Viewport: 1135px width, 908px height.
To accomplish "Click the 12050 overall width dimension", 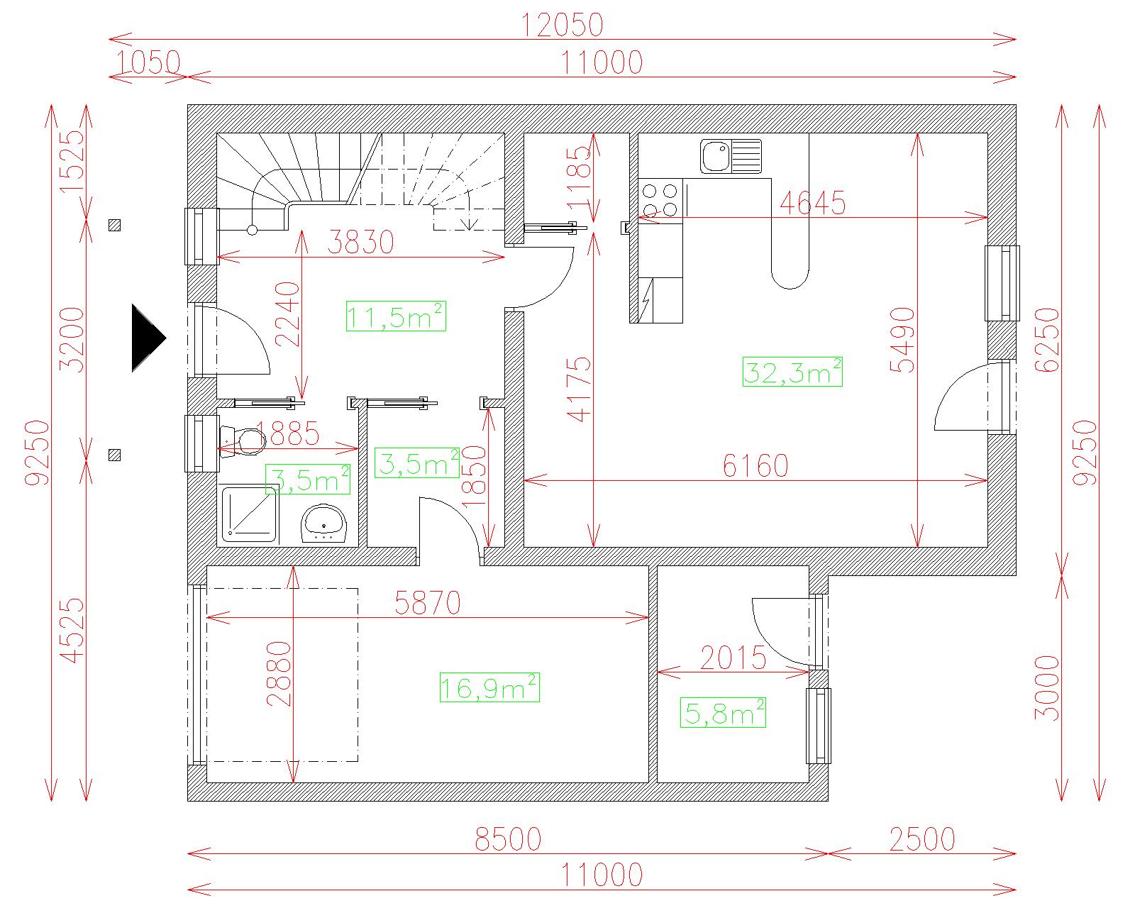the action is click(x=563, y=26).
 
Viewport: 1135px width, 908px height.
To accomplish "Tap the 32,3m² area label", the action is click(x=792, y=372).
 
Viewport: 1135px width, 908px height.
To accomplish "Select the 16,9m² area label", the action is click(x=489, y=687).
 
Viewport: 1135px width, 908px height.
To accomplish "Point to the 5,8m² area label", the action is click(x=723, y=713).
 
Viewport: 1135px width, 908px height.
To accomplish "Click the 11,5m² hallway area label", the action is click(x=396, y=316).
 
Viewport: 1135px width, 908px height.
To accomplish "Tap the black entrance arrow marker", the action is click(x=149, y=338).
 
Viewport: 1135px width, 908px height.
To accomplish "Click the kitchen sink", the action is click(x=731, y=156).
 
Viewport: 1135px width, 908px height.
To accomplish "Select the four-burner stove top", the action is click(x=660, y=201).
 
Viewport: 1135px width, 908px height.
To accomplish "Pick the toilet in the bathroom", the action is click(x=242, y=441).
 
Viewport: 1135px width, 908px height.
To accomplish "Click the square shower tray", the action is click(x=250, y=514).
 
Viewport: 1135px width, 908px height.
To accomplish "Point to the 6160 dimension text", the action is click(x=755, y=466).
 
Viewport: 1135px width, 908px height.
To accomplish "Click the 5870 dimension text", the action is click(x=428, y=602).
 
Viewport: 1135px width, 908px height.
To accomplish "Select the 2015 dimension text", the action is click(x=733, y=658).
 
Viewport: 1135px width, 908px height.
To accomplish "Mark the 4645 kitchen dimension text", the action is click(x=813, y=203).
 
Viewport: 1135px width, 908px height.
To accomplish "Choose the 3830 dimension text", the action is click(x=361, y=242).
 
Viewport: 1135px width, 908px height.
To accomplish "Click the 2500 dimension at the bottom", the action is click(x=922, y=839).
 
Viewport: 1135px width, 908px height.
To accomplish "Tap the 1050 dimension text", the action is click(x=148, y=62).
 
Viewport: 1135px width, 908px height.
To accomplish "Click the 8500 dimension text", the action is click(x=508, y=839).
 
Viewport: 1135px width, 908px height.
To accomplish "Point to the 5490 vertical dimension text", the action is click(x=902, y=340).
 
